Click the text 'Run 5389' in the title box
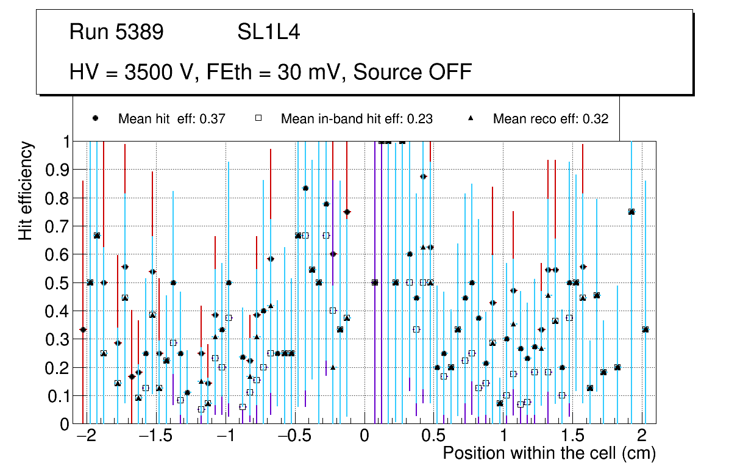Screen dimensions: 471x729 click(116, 32)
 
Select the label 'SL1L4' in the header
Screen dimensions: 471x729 click(269, 32)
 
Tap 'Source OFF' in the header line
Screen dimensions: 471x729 click(413, 72)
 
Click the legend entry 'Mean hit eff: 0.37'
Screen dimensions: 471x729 click(172, 119)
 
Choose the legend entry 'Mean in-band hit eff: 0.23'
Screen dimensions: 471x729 click(357, 119)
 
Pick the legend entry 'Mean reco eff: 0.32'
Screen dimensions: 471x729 click(550, 119)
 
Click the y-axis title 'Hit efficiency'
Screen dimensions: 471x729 click(26, 190)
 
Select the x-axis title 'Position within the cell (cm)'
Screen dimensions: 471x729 click(549, 454)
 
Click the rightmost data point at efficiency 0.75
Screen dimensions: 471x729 click(631, 212)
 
